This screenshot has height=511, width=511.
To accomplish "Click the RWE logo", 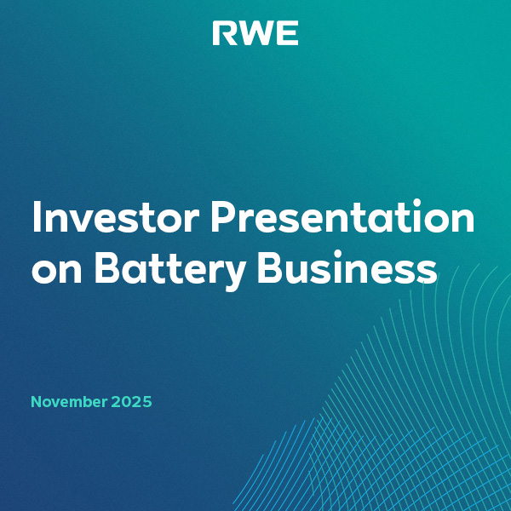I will [255, 34].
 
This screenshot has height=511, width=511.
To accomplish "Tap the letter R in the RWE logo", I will [223, 34].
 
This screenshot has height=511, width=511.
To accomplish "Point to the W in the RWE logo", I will [255, 34].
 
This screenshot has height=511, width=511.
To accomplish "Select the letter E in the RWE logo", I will [288, 34].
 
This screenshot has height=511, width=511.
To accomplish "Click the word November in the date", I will [69, 401].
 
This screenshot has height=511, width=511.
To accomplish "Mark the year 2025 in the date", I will [132, 401].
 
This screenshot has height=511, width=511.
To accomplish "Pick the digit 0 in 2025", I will [127, 401].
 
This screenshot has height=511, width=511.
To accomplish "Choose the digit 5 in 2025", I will [146, 401].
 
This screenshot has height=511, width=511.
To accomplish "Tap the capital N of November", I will [37, 401].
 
